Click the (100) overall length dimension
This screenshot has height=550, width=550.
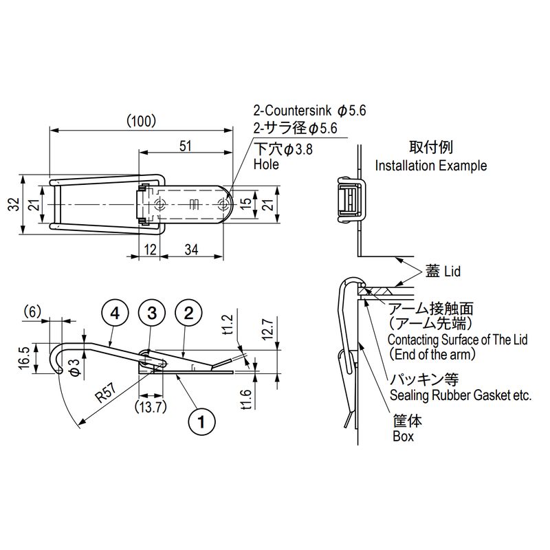[141, 122]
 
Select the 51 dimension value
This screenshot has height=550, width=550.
[186, 146]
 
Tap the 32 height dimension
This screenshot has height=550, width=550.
[14, 204]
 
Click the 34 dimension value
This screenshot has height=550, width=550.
[192, 250]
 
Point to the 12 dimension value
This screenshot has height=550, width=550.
[150, 250]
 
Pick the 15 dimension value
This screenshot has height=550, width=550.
[246, 203]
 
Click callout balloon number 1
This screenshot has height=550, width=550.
[201, 421]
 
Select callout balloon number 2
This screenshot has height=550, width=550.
[188, 313]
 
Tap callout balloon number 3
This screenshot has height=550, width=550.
[152, 313]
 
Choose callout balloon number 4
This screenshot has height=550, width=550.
[115, 313]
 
